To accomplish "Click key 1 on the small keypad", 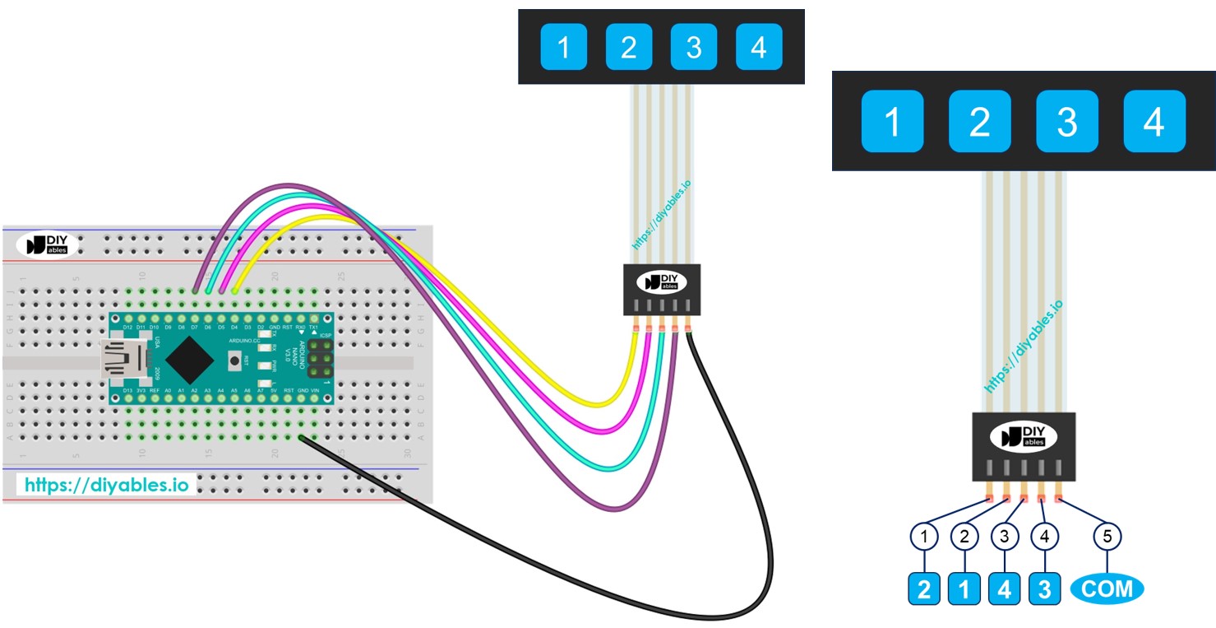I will point(564,47).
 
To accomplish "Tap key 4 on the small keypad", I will point(759,47).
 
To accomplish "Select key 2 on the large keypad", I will point(979,122).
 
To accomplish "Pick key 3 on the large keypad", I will point(1066,122).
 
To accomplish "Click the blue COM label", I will point(1107,588).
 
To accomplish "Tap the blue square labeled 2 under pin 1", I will point(925,589).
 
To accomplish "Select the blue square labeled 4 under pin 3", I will point(1004,589).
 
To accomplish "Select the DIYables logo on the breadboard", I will point(47,244).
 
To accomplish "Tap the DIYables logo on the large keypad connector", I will point(1024,436).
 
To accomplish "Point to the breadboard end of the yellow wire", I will point(236,290).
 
